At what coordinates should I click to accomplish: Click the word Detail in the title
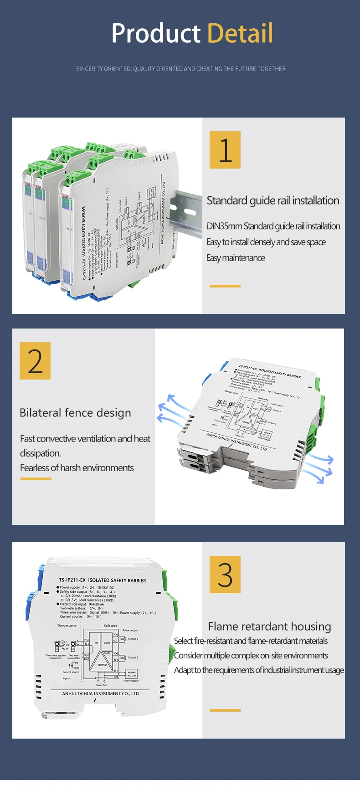click(240, 33)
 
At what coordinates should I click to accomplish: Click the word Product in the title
click(156, 33)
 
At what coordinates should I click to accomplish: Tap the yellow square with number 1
click(225, 150)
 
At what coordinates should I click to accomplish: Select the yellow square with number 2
click(35, 361)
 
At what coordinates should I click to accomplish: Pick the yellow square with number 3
click(225, 574)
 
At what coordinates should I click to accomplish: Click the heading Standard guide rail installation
click(273, 200)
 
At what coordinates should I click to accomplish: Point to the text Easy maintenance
click(235, 258)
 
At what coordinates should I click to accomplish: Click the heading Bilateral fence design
click(75, 413)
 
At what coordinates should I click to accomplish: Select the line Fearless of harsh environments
click(77, 468)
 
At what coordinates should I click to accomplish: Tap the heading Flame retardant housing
click(269, 627)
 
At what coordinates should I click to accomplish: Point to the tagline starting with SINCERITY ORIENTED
click(181, 69)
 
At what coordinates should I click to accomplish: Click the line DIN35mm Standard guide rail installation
click(273, 226)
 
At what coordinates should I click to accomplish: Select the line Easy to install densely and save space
click(266, 242)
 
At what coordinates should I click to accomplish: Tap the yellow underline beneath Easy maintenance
click(225, 286)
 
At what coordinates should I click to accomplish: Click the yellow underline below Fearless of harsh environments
click(36, 479)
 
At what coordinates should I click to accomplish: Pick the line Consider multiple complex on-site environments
click(251, 656)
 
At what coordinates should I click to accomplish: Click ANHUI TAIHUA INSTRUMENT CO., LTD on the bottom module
click(100, 693)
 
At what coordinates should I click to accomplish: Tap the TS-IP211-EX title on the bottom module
click(102, 580)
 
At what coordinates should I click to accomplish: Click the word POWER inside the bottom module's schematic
click(102, 665)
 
